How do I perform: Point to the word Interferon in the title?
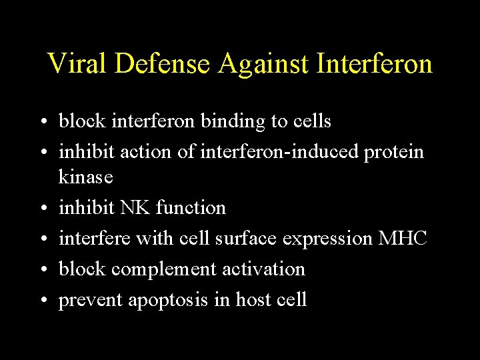pos(375,64)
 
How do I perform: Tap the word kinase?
pos(86,177)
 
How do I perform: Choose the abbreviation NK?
pos(135,208)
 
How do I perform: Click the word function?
pos(191,208)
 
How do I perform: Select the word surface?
pos(254,238)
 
